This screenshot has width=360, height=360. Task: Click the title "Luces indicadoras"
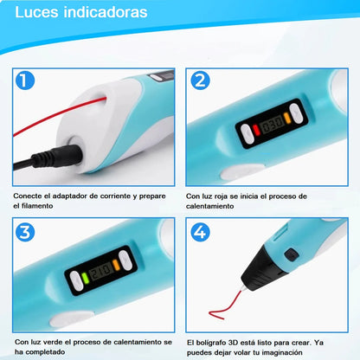(x=81, y=12)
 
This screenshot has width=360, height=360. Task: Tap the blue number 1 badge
(x=25, y=80)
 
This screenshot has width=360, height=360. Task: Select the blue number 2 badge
(x=200, y=80)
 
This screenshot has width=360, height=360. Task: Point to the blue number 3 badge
(x=25, y=232)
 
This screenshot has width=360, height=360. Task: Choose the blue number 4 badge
(x=200, y=232)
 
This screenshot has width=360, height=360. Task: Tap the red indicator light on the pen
(x=256, y=130)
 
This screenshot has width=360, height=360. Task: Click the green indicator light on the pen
(x=85, y=278)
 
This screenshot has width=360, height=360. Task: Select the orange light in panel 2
(x=287, y=118)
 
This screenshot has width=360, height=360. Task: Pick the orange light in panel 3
(x=116, y=265)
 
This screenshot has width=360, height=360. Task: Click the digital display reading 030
(x=272, y=125)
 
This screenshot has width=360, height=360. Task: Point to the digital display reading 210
(x=100, y=272)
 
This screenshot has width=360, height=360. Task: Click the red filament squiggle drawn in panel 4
(x=226, y=305)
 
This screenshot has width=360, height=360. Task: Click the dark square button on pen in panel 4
(x=292, y=255)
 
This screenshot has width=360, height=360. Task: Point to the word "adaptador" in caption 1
(x=69, y=196)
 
